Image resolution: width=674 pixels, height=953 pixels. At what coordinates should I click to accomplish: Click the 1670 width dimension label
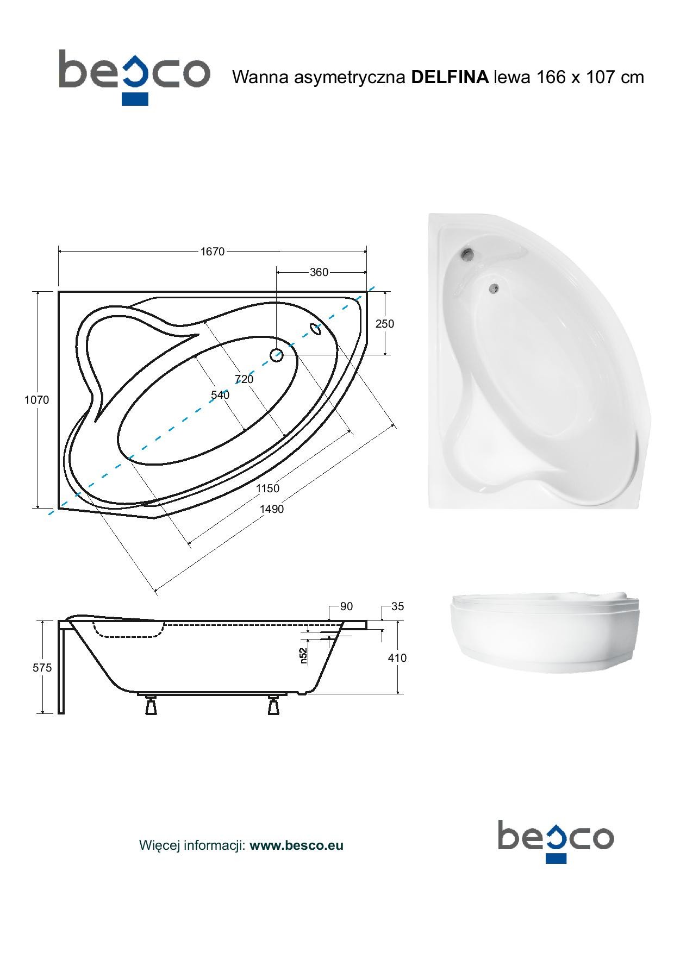click(212, 252)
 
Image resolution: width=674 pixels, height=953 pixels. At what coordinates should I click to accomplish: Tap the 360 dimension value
click(319, 272)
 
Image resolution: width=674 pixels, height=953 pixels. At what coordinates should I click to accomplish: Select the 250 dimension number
click(385, 324)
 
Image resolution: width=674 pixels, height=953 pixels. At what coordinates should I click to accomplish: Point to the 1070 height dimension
click(36, 400)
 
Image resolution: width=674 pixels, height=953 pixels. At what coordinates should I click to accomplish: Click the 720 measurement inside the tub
click(244, 379)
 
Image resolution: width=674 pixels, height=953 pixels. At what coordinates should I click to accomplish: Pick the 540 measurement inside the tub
click(220, 395)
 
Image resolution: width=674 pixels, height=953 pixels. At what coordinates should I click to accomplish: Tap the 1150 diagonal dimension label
click(268, 488)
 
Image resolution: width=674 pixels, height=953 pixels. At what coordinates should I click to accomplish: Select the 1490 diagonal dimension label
click(272, 509)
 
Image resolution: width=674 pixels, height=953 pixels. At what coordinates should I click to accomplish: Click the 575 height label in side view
click(42, 668)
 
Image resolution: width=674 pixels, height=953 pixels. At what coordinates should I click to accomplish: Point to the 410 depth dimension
click(397, 658)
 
